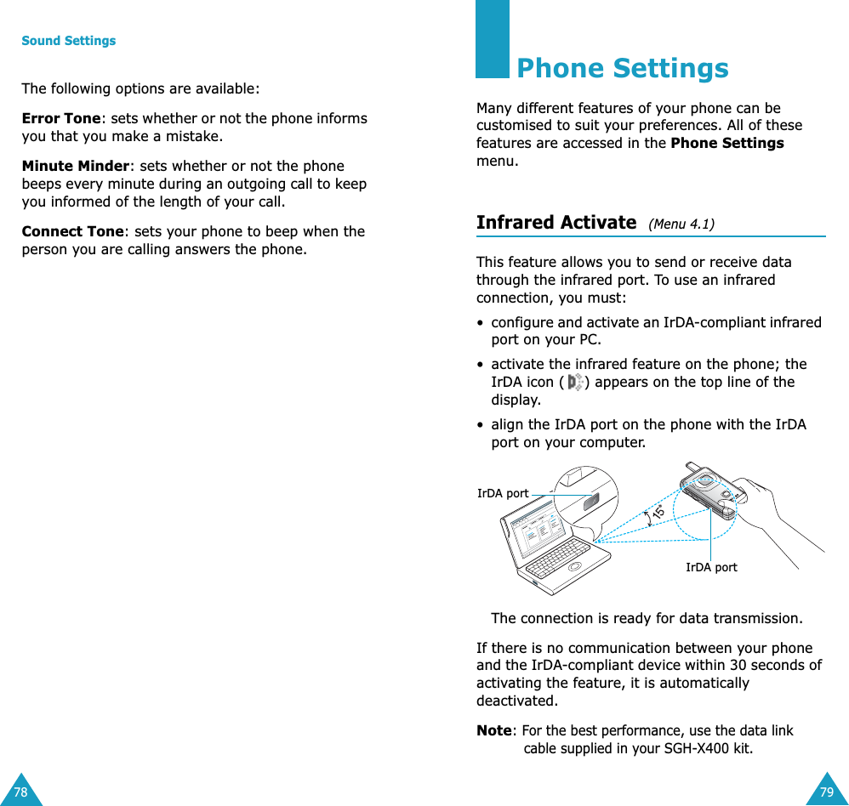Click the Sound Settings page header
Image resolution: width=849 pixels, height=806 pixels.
pos(68,41)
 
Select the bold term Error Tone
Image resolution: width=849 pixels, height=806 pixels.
pos(61,118)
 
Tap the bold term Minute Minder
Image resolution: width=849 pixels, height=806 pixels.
pos(76,166)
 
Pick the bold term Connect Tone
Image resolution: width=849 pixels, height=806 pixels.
pos(72,231)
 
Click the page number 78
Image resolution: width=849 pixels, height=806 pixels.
pos(20,792)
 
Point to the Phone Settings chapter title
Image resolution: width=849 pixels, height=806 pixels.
pos(622,68)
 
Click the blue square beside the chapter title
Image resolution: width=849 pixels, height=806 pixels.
pos(493,39)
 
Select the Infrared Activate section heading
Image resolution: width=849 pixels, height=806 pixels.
pos(556,223)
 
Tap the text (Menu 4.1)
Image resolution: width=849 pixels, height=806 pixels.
pos(681,224)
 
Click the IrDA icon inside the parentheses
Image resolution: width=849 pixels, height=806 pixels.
pos(575,383)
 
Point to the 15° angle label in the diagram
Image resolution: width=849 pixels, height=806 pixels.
pos(657,512)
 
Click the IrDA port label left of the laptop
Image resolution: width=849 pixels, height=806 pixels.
pos(503,493)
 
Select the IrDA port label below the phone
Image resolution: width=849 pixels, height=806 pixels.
pos(711,567)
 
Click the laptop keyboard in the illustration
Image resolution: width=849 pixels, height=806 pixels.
pos(558,561)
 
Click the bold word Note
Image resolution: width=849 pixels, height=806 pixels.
pos(494,730)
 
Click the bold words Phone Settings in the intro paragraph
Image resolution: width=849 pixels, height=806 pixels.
pos(727,143)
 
